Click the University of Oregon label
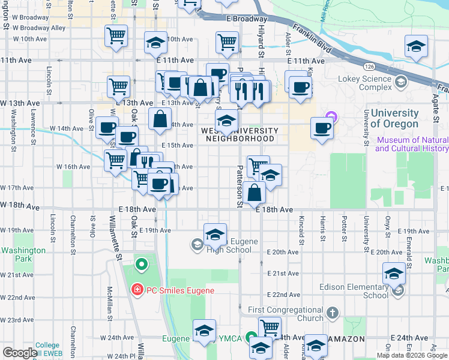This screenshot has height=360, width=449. point(394,118)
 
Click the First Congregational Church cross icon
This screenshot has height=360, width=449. point(332,313)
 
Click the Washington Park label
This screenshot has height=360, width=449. point(23,254)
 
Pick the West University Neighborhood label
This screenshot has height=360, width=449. point(240,134)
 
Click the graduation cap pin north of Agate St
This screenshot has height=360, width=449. point(416,47)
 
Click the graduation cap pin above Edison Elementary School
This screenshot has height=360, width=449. point(394,274)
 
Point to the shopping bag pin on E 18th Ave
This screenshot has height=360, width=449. point(255,193)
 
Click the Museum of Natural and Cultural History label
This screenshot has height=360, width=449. point(412,144)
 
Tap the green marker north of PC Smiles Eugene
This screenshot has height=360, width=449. point(142,263)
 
